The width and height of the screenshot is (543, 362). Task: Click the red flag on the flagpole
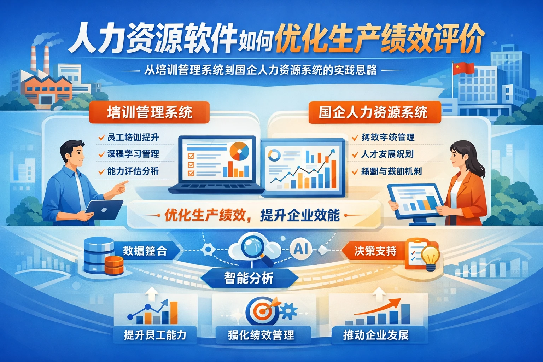tap(463, 68)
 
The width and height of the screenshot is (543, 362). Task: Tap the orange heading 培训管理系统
tap(149, 112)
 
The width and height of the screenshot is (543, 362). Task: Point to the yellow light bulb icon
tap(430, 257)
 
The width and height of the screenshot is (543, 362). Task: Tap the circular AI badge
tap(301, 249)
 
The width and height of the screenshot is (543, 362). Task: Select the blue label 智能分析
tap(249, 278)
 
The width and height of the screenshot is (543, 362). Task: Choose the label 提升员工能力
tap(155, 334)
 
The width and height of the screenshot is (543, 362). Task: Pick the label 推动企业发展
tap(375, 334)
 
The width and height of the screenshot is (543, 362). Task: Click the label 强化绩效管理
tap(261, 334)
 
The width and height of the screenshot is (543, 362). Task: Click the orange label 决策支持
tap(375, 251)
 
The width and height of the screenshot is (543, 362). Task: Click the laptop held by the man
tap(104, 209)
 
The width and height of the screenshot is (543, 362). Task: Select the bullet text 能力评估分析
tap(133, 171)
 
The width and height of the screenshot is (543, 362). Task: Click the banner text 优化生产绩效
tap(205, 215)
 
